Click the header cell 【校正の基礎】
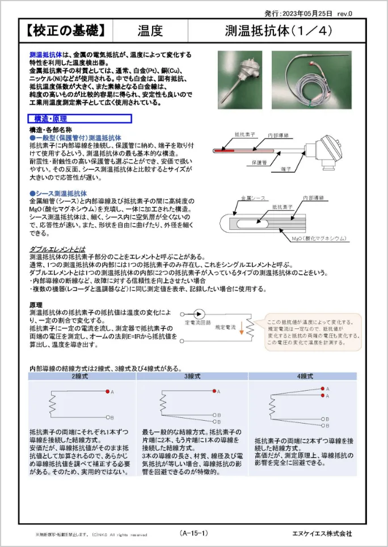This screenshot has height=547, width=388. (65, 31)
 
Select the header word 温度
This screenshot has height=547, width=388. (150, 31)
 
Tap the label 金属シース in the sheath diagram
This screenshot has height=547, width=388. (253, 198)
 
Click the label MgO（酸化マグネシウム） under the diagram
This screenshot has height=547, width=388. (318, 238)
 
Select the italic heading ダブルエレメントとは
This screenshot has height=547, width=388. (57, 249)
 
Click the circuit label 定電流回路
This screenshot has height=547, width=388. (197, 322)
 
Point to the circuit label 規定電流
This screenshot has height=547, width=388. (225, 327)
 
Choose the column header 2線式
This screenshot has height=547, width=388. (81, 377)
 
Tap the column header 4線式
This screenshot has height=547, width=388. (305, 377)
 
